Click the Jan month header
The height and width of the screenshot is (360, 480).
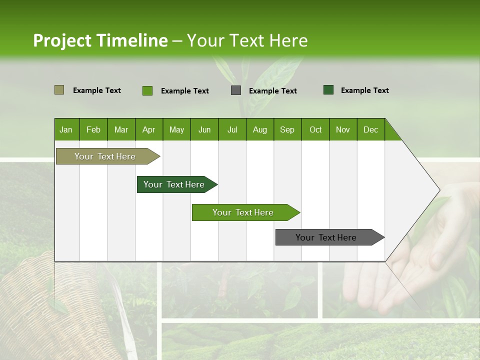[x=66, y=129]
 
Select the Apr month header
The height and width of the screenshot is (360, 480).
[x=148, y=129]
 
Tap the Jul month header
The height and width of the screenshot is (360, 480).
[x=232, y=129]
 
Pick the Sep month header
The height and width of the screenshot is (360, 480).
[x=287, y=129]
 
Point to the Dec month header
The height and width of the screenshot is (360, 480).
[x=370, y=129]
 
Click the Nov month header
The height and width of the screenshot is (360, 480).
[x=342, y=129]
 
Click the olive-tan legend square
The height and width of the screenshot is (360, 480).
[x=59, y=90]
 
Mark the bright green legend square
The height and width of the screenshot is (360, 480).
[x=147, y=90]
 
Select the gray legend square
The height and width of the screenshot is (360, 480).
[x=236, y=90]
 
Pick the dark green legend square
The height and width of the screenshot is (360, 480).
[x=328, y=90]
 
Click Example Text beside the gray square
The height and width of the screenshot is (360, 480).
[x=272, y=91]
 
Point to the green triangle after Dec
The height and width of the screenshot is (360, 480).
[x=391, y=132]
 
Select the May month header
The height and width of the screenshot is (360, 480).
[x=176, y=129]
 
